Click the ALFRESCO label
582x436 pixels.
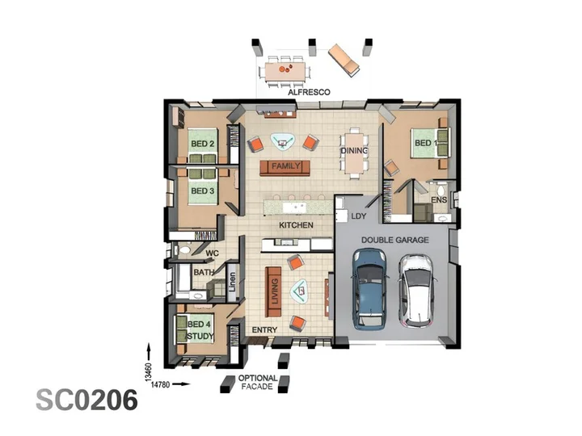click(x=309, y=92)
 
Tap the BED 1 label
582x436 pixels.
click(x=426, y=143)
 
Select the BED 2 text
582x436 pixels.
click(x=203, y=144)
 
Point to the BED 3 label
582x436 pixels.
click(x=203, y=191)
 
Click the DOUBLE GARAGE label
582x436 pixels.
click(x=395, y=240)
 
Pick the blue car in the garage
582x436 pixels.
click(x=369, y=289)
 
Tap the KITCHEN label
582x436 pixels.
click(x=296, y=225)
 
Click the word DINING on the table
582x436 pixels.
click(x=355, y=150)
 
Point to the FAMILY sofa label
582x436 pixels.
click(x=285, y=166)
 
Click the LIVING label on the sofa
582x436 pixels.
click(x=275, y=291)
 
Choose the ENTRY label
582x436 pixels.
click(x=264, y=329)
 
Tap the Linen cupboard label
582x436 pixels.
click(x=232, y=282)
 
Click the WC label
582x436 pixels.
click(x=213, y=254)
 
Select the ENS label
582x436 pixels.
click(x=439, y=200)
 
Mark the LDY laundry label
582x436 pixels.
click(x=359, y=216)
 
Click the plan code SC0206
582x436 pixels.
click(x=86, y=400)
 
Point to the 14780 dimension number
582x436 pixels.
click(x=160, y=384)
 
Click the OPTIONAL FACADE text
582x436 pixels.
click(x=258, y=382)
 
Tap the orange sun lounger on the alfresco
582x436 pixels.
click(x=344, y=60)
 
